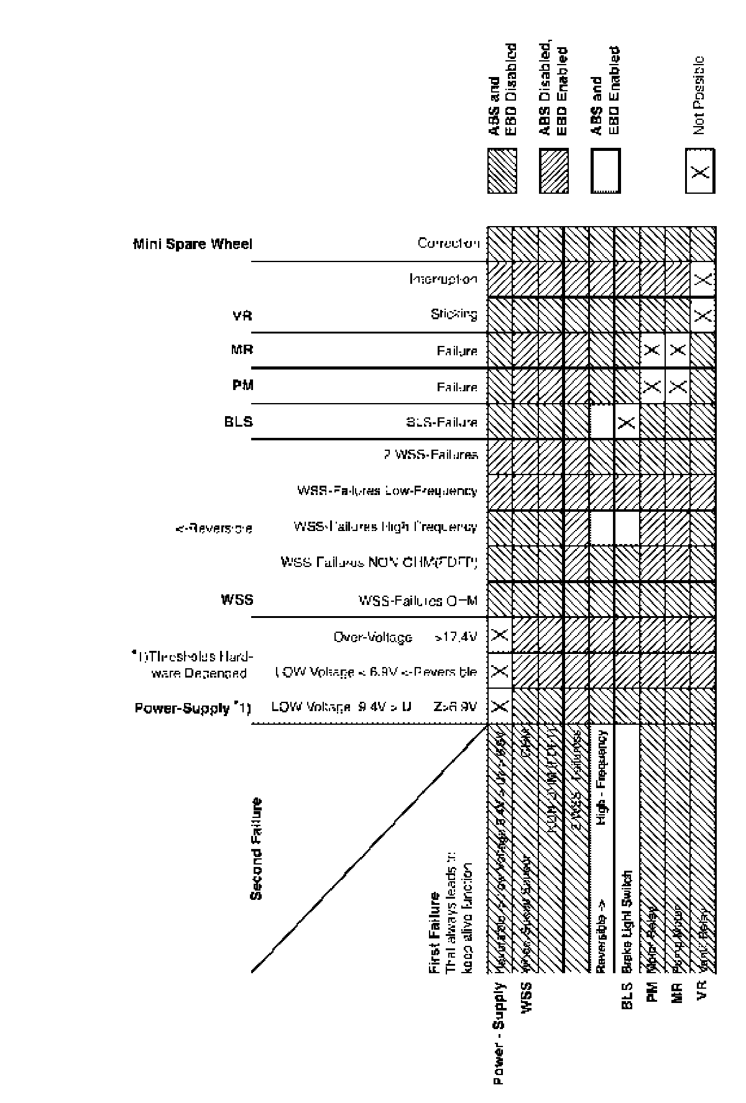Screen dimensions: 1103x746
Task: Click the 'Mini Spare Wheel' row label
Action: [193, 243]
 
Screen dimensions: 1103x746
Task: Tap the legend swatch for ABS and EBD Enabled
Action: [605, 171]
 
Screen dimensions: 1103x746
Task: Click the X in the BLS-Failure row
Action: [627, 423]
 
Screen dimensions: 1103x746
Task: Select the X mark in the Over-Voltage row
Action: [500, 635]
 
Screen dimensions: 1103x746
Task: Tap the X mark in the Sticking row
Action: [703, 315]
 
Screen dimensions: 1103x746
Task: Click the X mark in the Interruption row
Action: [703, 279]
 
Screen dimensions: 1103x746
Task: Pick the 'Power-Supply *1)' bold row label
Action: [193, 708]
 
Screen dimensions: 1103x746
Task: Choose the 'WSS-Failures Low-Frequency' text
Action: [387, 491]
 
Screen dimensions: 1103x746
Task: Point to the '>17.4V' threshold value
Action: [456, 637]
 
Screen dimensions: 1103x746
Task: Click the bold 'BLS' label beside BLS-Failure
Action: [238, 421]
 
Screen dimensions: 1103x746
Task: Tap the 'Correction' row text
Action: [449, 243]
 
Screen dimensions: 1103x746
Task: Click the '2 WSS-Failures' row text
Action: [430, 455]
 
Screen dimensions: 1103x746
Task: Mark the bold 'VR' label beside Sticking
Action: [242, 315]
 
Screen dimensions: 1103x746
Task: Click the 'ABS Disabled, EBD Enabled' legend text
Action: [554, 90]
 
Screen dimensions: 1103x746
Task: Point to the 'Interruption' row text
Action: [443, 279]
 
